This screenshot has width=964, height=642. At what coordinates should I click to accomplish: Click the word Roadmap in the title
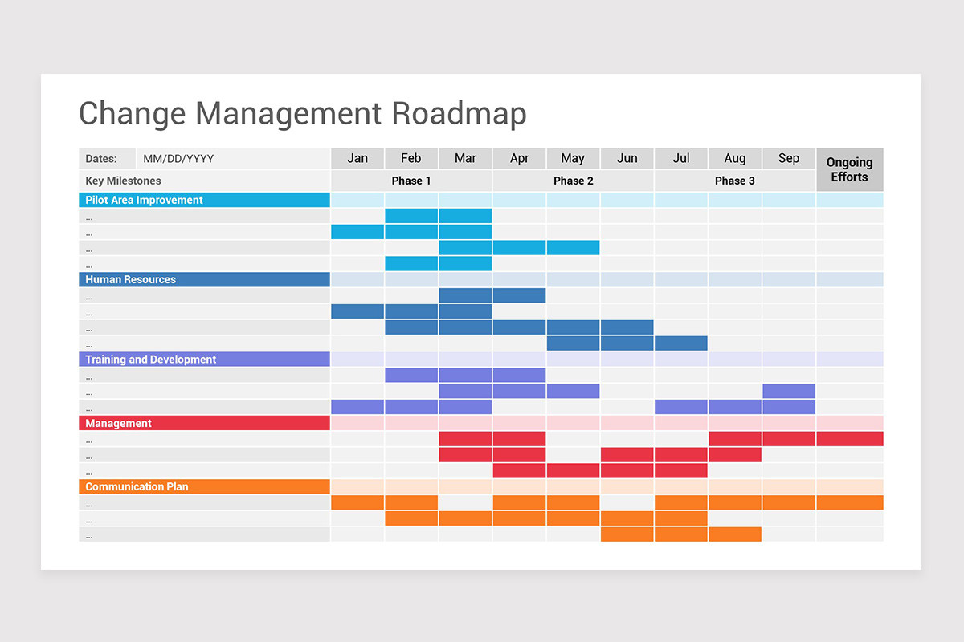(459, 113)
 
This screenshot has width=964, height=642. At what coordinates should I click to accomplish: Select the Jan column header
(357, 158)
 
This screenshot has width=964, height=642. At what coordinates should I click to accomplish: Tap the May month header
(573, 158)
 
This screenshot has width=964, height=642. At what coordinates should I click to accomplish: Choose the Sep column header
(789, 158)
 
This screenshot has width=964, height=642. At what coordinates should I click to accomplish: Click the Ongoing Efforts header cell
(849, 169)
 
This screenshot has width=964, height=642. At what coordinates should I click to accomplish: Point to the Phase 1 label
(411, 181)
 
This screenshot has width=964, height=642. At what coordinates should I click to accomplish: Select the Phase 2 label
(574, 181)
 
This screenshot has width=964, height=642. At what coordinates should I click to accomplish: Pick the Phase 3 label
(735, 181)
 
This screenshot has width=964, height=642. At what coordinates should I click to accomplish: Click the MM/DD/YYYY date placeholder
(178, 159)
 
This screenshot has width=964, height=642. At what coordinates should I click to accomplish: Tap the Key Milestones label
(123, 181)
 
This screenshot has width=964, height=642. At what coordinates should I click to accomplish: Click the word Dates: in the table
(101, 159)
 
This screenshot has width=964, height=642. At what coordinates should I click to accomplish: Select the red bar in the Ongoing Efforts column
(849, 439)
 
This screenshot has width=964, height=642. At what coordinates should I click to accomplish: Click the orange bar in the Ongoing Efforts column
(849, 502)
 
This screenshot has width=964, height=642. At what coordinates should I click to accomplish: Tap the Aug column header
(734, 158)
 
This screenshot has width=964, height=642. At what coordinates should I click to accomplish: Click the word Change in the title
(131, 113)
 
